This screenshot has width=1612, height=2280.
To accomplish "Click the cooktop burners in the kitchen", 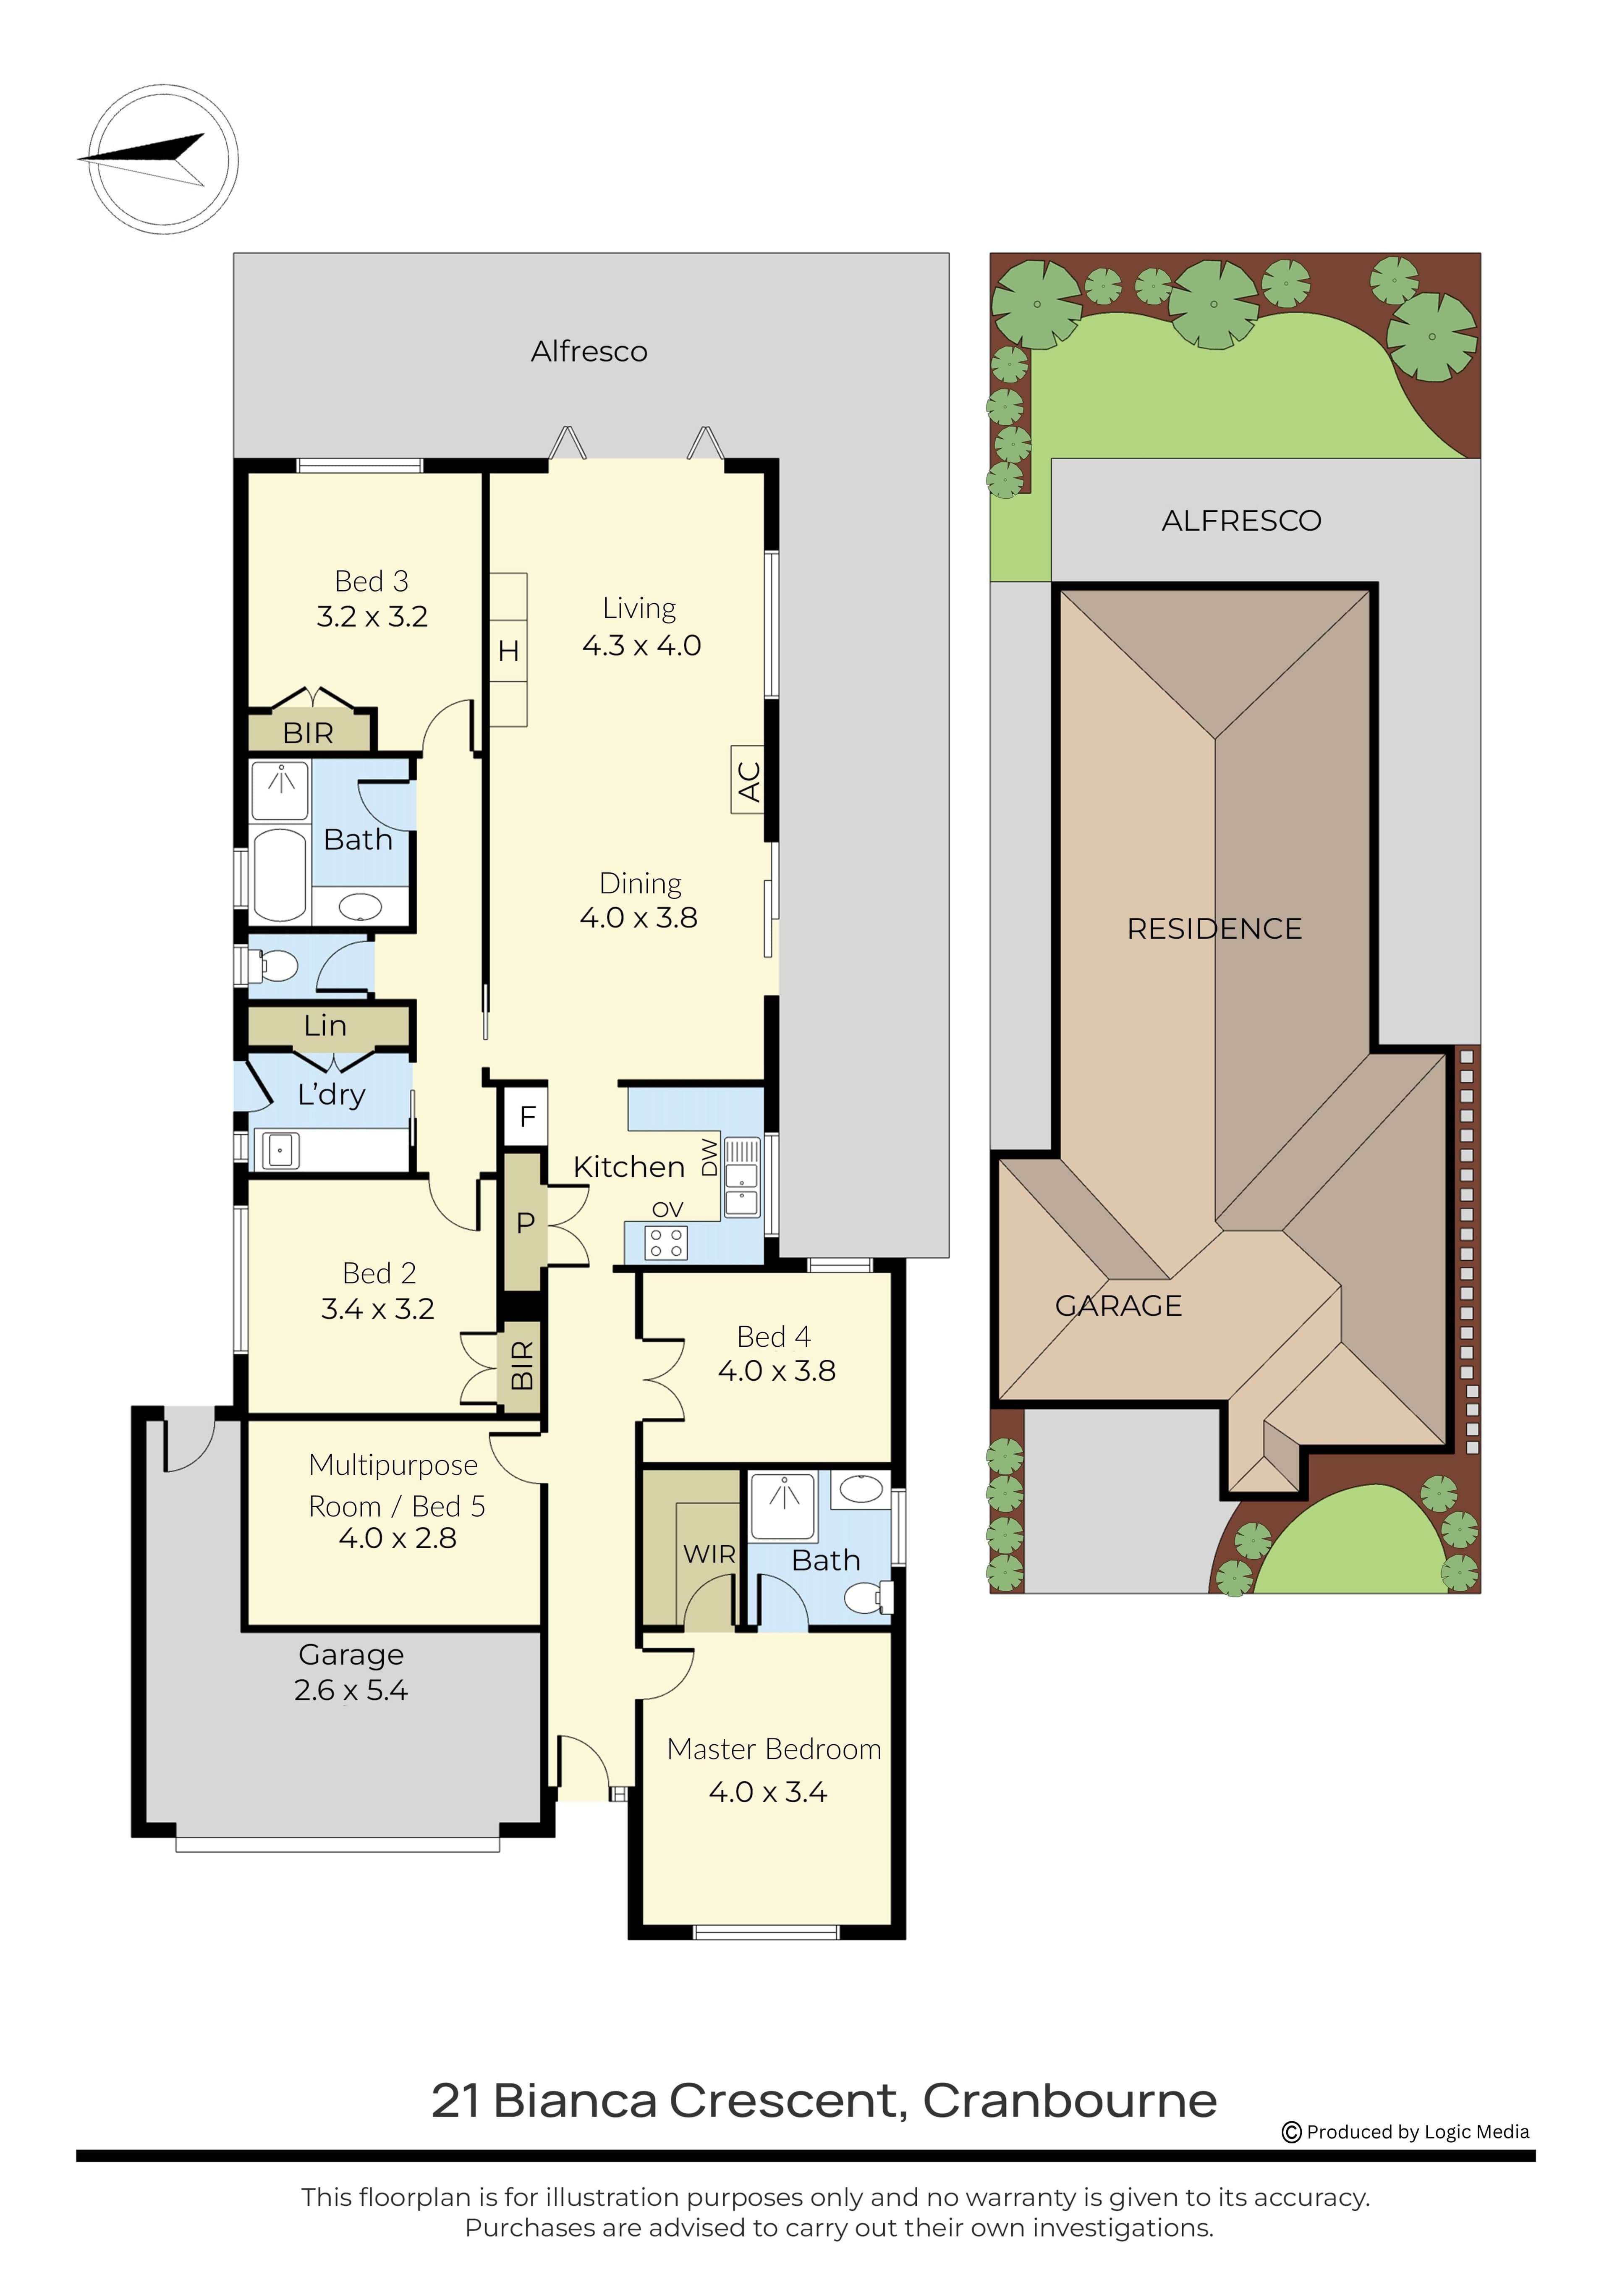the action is click(665, 1242).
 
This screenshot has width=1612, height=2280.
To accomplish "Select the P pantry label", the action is click(526, 1222).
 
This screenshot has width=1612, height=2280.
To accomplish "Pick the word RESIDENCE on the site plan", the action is click(1214, 929).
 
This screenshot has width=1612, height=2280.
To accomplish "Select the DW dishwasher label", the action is click(709, 1157).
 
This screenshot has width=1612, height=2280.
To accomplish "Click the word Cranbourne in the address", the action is click(1070, 2101).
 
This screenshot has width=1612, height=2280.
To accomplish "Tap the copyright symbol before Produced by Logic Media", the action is click(1291, 2132).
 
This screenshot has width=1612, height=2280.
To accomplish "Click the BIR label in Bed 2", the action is click(521, 1365).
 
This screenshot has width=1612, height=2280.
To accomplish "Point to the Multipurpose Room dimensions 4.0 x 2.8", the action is click(397, 1538).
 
